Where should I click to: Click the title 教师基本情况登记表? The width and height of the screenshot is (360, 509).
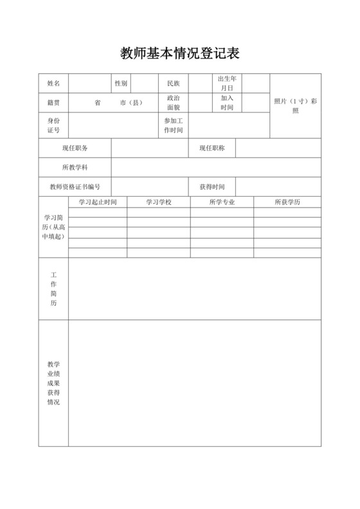(179, 53)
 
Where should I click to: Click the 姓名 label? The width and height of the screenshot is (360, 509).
(53, 84)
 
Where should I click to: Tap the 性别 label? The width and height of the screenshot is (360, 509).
(121, 84)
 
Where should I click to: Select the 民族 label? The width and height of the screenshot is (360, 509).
(173, 84)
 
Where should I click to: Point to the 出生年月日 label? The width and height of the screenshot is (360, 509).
(227, 83)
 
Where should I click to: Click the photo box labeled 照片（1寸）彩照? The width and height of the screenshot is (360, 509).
(295, 106)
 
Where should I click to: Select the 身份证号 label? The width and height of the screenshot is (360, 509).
(53, 125)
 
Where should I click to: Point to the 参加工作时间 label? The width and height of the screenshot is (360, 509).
(174, 125)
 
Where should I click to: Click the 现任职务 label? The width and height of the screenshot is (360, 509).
(75, 148)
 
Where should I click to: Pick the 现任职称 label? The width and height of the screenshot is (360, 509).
(212, 148)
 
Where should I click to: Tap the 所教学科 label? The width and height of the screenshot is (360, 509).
(75, 168)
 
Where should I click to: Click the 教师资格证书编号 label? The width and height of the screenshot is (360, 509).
(75, 187)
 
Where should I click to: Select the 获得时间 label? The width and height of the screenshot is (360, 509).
(212, 187)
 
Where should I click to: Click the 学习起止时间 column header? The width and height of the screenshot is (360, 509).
(98, 202)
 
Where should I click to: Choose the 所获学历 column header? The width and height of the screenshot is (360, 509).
(287, 202)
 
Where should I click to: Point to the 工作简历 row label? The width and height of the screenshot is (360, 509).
(53, 289)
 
